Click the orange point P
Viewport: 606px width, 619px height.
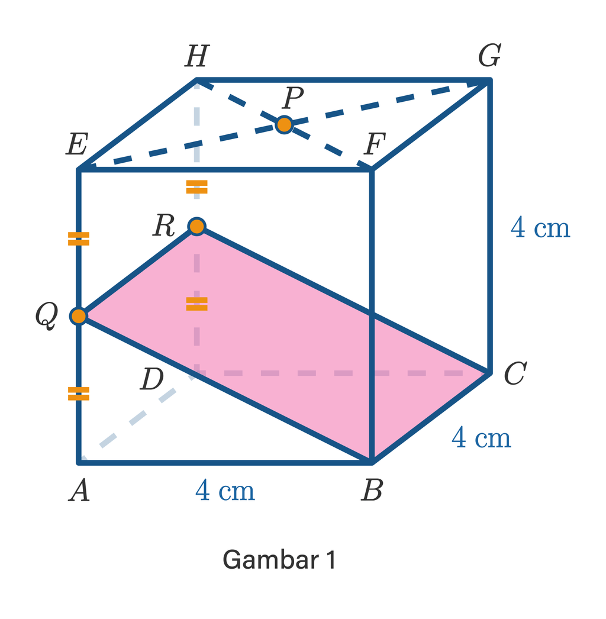284,125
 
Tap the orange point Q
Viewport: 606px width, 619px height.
79,316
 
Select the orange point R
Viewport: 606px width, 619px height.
197,226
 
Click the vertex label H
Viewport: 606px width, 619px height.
196,56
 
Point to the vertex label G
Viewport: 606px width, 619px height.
489,55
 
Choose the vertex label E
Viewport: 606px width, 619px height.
77,144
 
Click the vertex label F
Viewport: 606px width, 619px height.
374,144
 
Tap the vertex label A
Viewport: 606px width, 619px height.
79,490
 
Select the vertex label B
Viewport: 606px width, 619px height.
372,490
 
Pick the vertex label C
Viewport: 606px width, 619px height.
515,373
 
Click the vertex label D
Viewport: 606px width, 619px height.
152,379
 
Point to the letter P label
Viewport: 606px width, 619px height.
292,97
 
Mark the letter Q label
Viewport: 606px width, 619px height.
47,316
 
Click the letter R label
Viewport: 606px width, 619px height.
164,225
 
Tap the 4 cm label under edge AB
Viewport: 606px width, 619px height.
225,490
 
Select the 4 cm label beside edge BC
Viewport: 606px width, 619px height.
481,437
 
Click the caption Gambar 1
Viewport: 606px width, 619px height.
279,559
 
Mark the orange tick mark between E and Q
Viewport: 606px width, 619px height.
79,239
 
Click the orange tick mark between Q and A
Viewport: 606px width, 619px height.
79,394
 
